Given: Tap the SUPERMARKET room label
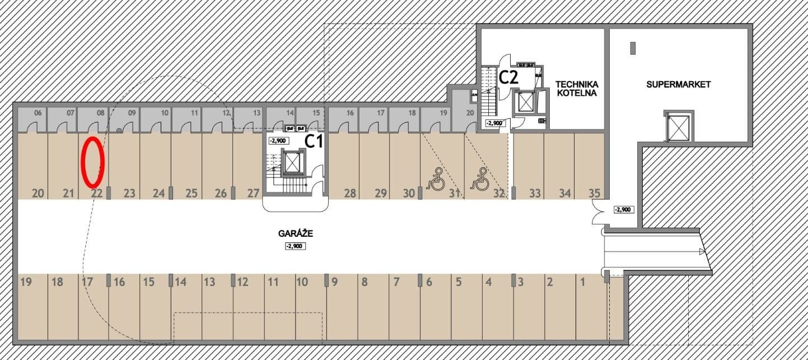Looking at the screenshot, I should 678,85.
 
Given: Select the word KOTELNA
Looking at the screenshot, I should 576,93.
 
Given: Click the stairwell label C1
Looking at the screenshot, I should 314,141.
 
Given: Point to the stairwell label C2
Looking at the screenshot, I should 508,77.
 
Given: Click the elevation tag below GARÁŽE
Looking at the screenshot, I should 295,246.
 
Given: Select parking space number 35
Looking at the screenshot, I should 594,194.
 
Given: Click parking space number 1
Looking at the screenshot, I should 582,282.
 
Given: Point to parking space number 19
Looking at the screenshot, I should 25,282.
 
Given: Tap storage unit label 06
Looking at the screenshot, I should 38,113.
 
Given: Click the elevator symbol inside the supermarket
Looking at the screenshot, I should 678,127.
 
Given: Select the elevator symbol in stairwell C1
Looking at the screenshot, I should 293,162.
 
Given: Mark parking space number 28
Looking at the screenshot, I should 350,194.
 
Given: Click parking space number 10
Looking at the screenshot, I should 302,282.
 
